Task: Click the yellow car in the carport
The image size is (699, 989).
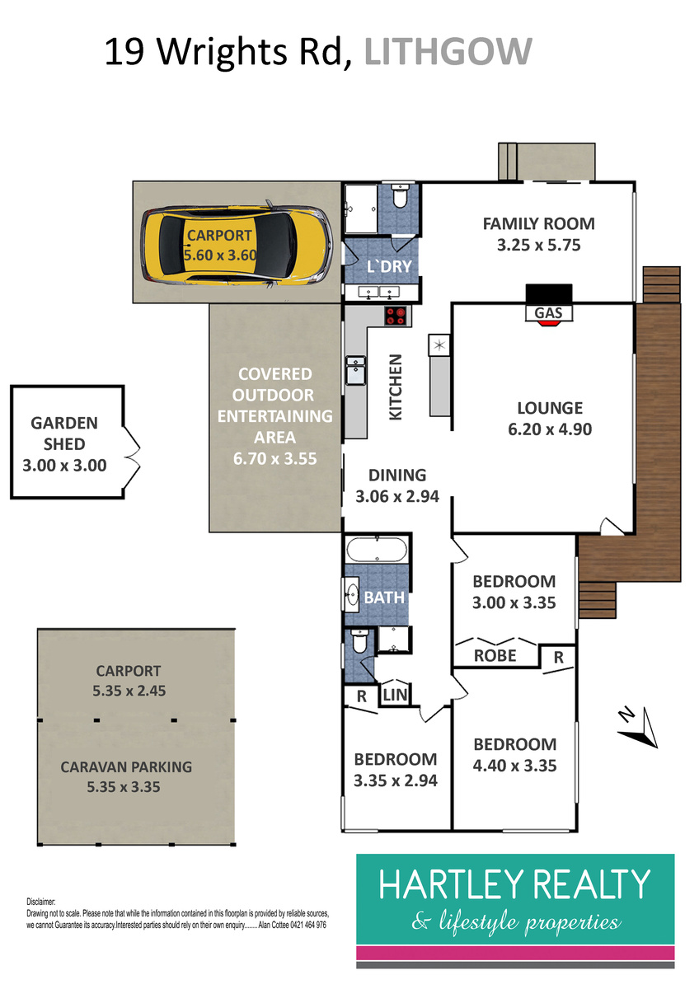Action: click(x=237, y=245)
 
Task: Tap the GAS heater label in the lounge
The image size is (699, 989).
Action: click(x=548, y=313)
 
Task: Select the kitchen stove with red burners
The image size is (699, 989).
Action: click(x=396, y=316)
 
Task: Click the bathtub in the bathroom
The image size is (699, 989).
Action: click(x=377, y=549)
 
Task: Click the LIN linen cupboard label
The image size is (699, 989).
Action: click(x=395, y=695)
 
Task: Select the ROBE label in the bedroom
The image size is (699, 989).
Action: click(x=495, y=656)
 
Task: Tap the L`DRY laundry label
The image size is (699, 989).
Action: click(x=389, y=266)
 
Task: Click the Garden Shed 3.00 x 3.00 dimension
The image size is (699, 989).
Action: click(x=64, y=466)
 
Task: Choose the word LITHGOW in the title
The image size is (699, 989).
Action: click(x=448, y=52)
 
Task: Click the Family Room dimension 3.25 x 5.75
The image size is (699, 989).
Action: click(x=539, y=245)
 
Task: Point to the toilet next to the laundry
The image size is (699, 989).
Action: click(x=400, y=196)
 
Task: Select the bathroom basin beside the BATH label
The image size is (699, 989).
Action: click(x=352, y=594)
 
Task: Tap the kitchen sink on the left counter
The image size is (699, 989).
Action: click(x=355, y=370)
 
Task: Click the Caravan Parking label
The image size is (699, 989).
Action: click(x=126, y=767)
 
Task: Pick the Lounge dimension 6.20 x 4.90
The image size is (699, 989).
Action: click(x=550, y=429)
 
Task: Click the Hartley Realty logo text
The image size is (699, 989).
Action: click(x=514, y=883)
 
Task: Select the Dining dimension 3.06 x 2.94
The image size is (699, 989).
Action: click(x=397, y=496)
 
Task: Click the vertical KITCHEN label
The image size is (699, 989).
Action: click(x=395, y=387)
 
